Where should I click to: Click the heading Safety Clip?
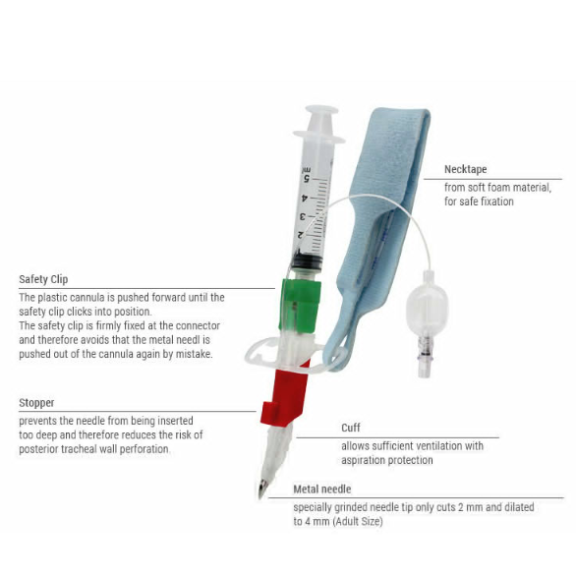pos(43,279)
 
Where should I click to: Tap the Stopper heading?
pos(36,403)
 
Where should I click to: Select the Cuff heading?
pos(351,428)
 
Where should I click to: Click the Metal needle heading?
pos(322,489)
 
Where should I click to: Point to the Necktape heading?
pos(466,169)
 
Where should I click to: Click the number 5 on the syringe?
pos(307,179)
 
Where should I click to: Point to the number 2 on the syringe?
pos(300,235)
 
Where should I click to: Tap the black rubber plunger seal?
pos(307,260)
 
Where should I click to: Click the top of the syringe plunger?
pos(321,110)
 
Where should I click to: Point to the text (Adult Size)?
pos(358,522)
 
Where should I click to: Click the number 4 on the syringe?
pos(304,199)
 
